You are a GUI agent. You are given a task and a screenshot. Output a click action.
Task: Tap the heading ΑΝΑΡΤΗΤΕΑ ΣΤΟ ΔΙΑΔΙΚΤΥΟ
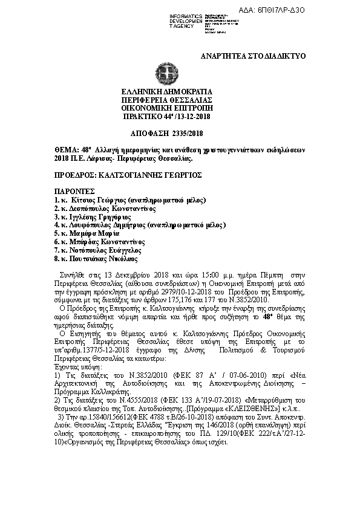coord(254,56)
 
